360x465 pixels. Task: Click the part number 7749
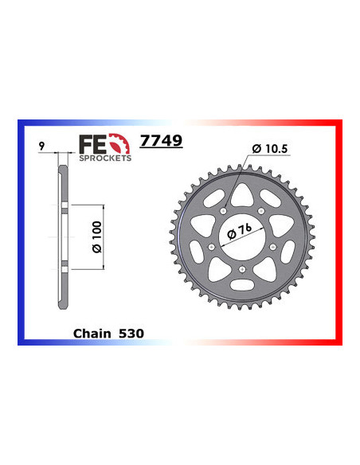(x=161, y=141)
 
